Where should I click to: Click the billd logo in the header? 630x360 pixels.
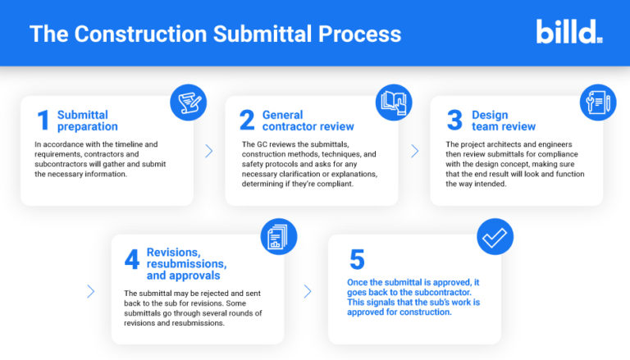pos(568,32)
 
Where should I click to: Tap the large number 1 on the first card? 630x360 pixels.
pos(43,121)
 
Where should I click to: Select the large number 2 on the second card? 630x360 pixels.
pos(247,121)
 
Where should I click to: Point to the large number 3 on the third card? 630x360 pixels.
pos(454,121)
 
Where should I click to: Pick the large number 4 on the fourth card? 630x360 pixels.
pos(131,258)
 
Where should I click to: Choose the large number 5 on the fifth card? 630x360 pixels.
pos(356,259)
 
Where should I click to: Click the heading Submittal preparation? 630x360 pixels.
pos(88,121)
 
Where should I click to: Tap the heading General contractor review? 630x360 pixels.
pos(308,121)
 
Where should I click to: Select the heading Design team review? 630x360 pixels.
pos(503,121)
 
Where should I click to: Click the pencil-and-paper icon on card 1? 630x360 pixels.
pos(188,102)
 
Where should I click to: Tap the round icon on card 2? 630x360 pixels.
pos(393,102)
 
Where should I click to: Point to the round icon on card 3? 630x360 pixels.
pos(597,102)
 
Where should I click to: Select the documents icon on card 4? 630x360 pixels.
pos(278,237)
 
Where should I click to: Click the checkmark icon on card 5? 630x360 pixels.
pos(495,237)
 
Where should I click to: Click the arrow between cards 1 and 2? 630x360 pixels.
pos(209,151)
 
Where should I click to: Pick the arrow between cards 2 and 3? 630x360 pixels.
pos(414,151)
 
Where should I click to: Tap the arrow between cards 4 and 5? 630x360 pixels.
pos(307,291)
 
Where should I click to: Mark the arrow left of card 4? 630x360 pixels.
pos(90,291)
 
